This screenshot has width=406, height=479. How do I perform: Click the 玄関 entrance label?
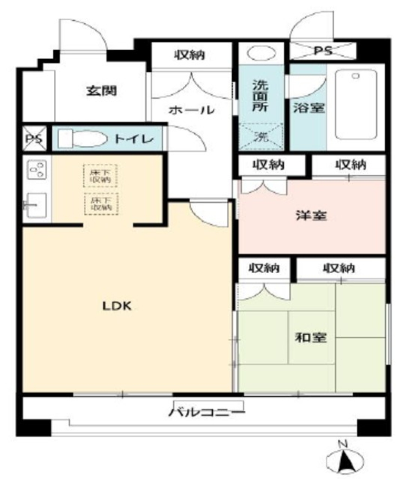click(101, 90)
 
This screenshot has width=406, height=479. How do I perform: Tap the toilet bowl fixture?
click(82, 138)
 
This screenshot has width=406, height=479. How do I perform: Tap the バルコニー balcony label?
click(207, 412)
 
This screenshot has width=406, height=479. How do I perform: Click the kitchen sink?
click(36, 205)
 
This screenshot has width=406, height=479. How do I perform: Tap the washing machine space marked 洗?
click(261, 136)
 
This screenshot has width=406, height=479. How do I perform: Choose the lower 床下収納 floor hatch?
click(101, 204)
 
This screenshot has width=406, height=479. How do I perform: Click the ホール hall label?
click(191, 110)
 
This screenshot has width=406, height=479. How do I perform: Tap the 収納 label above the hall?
click(191, 54)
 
